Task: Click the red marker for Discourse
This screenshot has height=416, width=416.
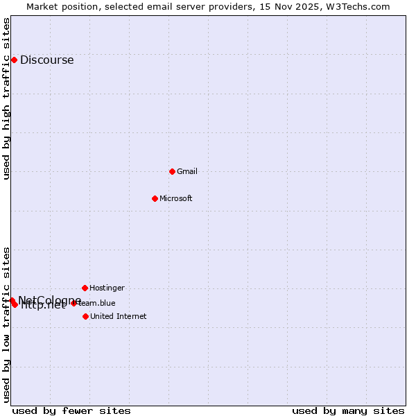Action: (x=14, y=60)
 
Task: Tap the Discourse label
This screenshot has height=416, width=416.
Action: (x=46, y=60)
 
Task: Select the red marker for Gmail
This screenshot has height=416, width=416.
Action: (x=172, y=171)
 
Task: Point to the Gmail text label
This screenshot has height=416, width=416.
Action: (x=187, y=171)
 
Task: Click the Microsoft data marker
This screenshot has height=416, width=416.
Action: (x=155, y=198)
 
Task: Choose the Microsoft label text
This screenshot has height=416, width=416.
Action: (x=175, y=198)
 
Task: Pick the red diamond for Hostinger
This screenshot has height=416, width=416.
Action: (x=85, y=288)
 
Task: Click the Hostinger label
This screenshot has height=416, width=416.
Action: (x=107, y=288)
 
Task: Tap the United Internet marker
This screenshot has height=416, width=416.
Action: (x=85, y=316)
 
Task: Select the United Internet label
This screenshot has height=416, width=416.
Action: (x=118, y=316)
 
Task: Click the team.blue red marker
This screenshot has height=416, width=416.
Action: (x=73, y=303)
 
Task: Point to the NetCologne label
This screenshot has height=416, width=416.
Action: (x=49, y=300)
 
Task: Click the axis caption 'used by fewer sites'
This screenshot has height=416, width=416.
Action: (x=71, y=410)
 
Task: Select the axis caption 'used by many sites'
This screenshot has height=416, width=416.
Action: (x=348, y=410)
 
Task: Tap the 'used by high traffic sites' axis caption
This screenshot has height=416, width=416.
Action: (x=7, y=98)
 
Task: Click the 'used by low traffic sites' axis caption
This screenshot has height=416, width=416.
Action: (x=7, y=324)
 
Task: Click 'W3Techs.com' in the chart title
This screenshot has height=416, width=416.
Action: (x=360, y=6)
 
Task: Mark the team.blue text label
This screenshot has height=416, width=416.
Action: (x=97, y=303)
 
